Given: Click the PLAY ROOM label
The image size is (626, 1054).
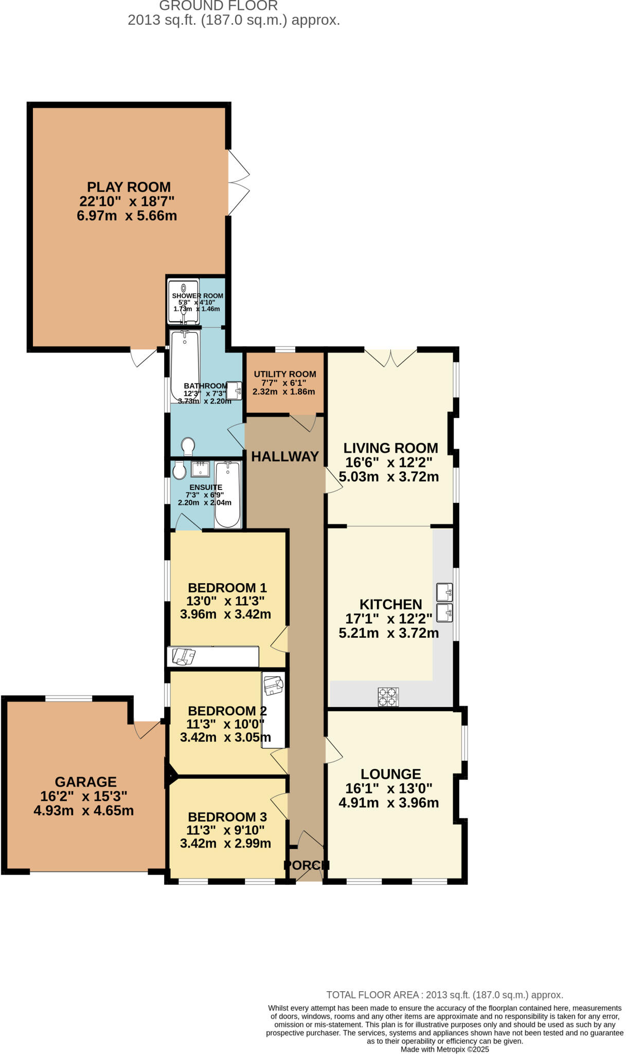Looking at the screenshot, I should pos(129,187).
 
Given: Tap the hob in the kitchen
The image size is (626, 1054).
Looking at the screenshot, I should pos(388,697).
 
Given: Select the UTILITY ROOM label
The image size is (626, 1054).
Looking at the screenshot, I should pos(285,374).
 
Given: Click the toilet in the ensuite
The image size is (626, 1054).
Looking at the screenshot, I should pos(180,470).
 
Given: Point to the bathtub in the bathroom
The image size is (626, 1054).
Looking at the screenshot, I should pos(185,366).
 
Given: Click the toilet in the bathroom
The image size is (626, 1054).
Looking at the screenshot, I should pos(188,446).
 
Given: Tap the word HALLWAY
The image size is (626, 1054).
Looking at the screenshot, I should pos(284,456).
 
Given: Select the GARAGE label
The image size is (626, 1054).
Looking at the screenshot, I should pos(86,782).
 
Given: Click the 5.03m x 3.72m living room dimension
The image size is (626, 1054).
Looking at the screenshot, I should pos(388,477).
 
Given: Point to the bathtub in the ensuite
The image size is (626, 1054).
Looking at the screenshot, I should pos(227,494).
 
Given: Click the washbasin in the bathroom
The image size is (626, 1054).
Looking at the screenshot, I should pos(235,390).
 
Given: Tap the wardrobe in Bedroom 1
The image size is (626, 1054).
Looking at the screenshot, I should pos(212,656).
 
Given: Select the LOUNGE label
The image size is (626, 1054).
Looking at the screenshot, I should pos(390,774).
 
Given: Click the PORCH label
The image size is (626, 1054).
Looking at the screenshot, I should pos(306,865).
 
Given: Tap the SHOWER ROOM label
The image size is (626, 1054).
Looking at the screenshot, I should pos(198,296).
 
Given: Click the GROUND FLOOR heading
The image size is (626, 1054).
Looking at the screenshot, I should pos(219,6).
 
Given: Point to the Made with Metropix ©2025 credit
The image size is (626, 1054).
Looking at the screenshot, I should pos(444,1049).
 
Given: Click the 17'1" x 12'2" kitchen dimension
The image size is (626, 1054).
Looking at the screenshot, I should pos(388,619).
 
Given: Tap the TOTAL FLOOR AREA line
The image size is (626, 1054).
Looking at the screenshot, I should pos(444,995).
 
